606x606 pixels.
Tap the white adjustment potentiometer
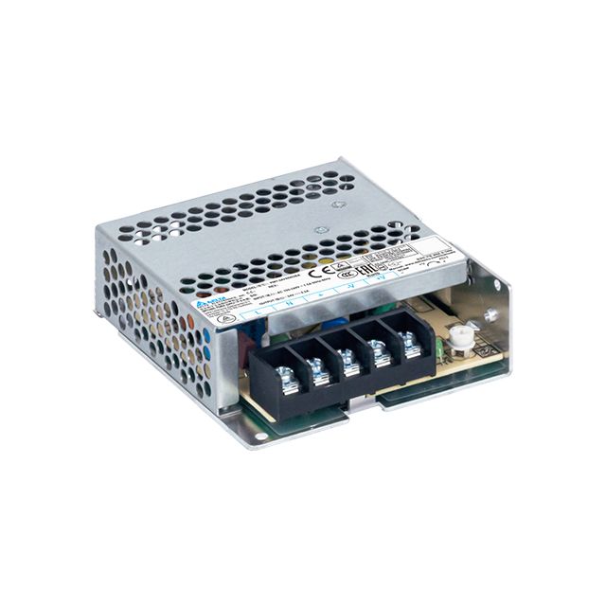coord(463,336)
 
